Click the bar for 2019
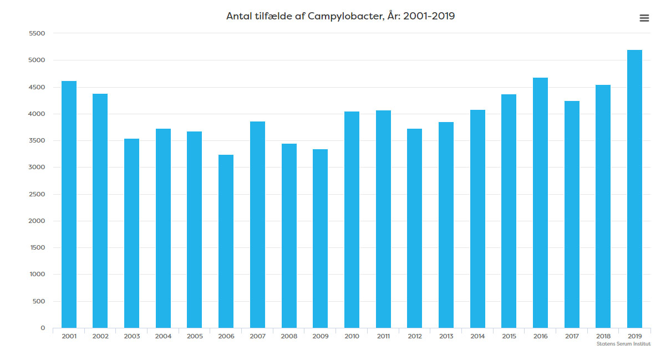coord(634,189)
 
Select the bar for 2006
coord(226,241)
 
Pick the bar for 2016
coord(540,202)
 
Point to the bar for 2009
coord(320,239)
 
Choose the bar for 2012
coord(414,228)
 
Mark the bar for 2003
coord(131,233)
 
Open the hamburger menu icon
coord(644,18)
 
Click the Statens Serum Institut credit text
coord(623,344)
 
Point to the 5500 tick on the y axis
coord(37,33)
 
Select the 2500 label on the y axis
coord(37,194)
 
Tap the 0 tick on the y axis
coord(42,328)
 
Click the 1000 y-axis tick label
coord(37,275)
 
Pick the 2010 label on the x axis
coord(352,336)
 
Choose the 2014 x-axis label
coord(477,336)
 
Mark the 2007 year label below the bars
coord(257,336)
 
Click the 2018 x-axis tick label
coord(603,336)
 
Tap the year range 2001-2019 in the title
coord(429,16)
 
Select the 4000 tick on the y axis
coord(37,114)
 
